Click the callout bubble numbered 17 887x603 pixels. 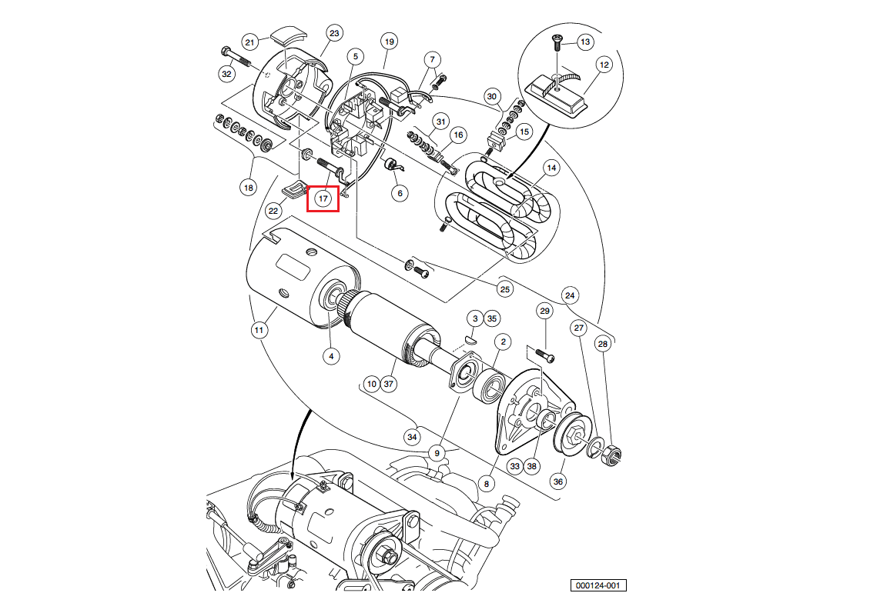tap(323, 198)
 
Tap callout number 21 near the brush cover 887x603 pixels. tap(250, 42)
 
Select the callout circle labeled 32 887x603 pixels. tap(226, 75)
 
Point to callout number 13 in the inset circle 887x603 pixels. tap(584, 42)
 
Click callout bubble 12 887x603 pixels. tap(604, 65)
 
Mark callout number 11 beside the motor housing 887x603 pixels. tap(259, 331)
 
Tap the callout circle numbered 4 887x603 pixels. tap(330, 356)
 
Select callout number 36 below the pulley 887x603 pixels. tap(558, 481)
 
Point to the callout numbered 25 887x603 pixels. tap(505, 289)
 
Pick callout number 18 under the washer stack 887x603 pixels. tap(248, 188)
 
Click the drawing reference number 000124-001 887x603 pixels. tap(598, 586)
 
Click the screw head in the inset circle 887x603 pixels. tap(556, 38)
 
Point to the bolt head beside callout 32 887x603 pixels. tap(225, 52)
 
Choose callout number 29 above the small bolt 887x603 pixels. tap(545, 311)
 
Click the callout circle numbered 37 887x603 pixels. tap(388, 383)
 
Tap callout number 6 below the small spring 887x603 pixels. tap(400, 193)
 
